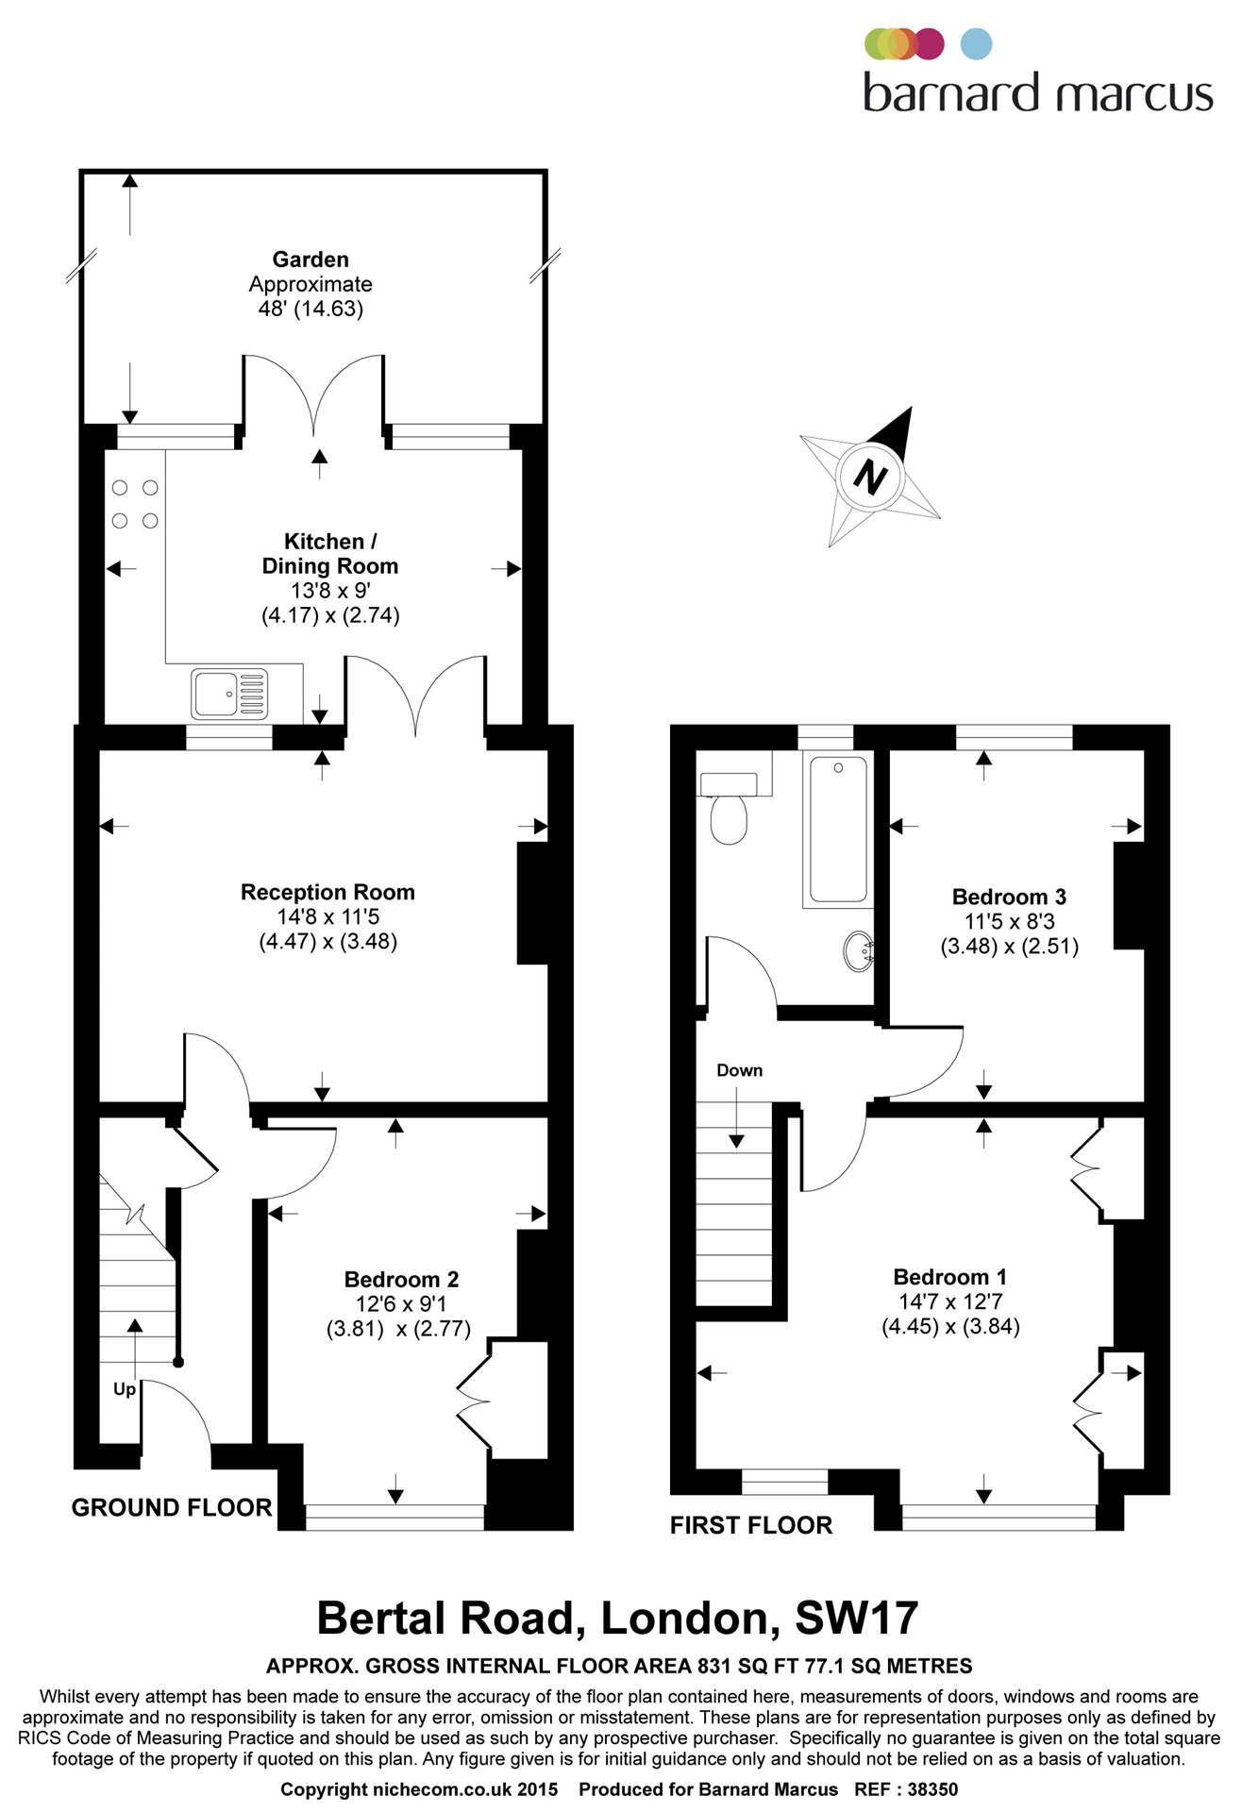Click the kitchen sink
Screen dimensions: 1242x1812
(x=229, y=694)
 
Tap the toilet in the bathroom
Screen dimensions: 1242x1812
(x=728, y=808)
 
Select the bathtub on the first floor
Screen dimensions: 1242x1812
(x=838, y=830)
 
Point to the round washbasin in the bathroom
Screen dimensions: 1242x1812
(x=859, y=951)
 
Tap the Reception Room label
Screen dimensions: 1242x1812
(x=327, y=892)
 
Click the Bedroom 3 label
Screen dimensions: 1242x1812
(x=1009, y=897)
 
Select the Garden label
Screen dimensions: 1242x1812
(x=310, y=260)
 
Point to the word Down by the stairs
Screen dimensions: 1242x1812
(x=739, y=1070)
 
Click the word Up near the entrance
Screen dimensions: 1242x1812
(x=125, y=1390)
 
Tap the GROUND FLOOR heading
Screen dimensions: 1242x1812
(x=172, y=1508)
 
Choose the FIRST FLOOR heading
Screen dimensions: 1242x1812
(x=751, y=1525)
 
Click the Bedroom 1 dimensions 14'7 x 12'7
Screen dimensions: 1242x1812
(x=950, y=1301)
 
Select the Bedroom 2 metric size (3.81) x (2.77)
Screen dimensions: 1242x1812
(x=398, y=1329)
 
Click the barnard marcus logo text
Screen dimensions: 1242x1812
(x=1038, y=93)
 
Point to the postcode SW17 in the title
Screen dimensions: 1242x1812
(x=857, y=1618)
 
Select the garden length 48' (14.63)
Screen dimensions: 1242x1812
(x=310, y=309)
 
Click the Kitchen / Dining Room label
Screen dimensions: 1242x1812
(x=329, y=554)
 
